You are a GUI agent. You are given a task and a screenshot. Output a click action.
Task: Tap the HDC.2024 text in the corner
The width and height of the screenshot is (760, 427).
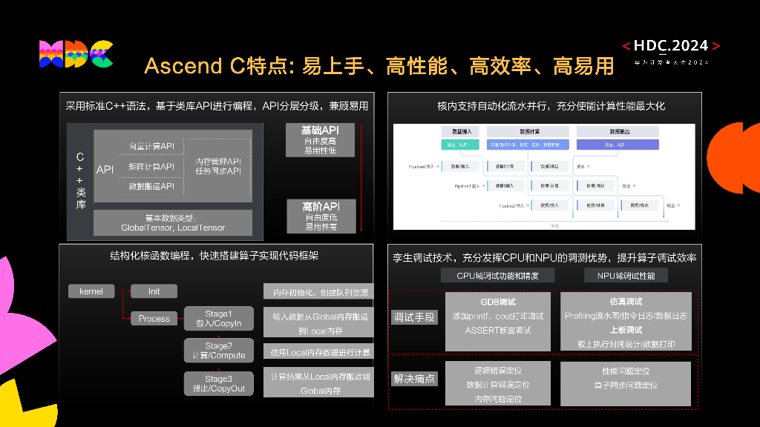tap(671, 47)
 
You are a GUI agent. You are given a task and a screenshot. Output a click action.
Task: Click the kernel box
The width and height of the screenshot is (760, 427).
tap(91, 291)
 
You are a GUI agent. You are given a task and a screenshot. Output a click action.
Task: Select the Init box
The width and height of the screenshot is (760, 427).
tap(154, 291)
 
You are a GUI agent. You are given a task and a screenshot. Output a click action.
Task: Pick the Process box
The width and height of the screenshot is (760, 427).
tap(154, 319)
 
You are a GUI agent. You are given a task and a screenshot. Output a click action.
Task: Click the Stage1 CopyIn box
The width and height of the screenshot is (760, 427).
tap(218, 318)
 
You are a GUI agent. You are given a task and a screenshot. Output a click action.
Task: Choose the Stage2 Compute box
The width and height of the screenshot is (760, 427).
tap(218, 351)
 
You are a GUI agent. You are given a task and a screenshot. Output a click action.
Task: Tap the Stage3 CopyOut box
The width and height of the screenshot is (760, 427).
tap(218, 383)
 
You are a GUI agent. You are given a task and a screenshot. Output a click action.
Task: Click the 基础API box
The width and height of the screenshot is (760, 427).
tap(320, 140)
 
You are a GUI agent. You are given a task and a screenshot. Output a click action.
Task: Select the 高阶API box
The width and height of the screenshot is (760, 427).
tap(320, 216)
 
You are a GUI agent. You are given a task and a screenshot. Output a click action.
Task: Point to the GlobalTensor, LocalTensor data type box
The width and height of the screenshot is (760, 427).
tap(173, 222)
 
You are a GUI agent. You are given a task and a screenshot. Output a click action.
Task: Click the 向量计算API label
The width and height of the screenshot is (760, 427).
tap(151, 146)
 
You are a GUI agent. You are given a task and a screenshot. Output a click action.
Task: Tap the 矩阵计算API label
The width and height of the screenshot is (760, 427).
tap(151, 166)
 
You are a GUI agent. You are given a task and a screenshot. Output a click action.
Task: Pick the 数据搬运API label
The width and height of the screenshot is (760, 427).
tap(151, 186)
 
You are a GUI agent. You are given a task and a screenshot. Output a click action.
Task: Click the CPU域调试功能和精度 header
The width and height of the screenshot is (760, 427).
tap(497, 276)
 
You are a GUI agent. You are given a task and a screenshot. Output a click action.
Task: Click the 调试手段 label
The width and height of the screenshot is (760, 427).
tap(414, 317)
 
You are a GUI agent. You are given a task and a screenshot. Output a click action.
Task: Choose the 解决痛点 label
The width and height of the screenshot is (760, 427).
tap(414, 379)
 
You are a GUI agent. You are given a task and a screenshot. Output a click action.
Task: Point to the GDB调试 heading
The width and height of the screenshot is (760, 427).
tap(497, 302)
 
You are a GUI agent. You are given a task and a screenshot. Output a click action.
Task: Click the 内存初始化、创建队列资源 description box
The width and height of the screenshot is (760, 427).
tap(319, 292)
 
